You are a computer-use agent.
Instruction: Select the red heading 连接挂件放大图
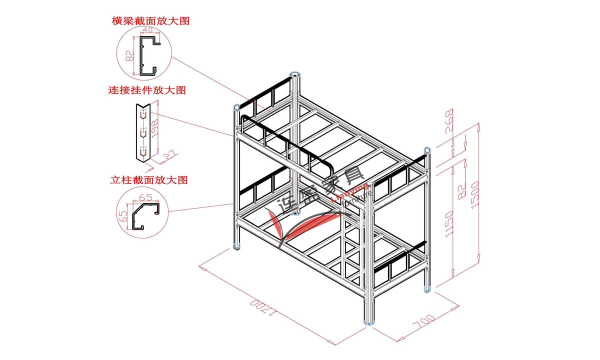pyautogui.click(x=147, y=90)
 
